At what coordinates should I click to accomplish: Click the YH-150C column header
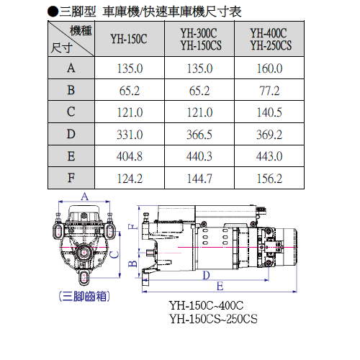[x=129, y=39]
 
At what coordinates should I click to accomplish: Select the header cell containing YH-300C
[x=199, y=39]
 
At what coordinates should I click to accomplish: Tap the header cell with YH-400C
[x=269, y=39]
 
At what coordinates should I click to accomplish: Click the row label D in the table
[x=71, y=134]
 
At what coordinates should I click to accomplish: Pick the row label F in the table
[x=71, y=178]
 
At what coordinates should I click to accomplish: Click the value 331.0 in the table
[x=130, y=135]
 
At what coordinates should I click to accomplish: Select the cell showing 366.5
[x=199, y=135]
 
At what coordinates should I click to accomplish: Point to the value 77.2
[x=269, y=91]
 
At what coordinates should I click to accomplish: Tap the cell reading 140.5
[x=269, y=112]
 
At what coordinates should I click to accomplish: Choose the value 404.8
[x=130, y=156]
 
